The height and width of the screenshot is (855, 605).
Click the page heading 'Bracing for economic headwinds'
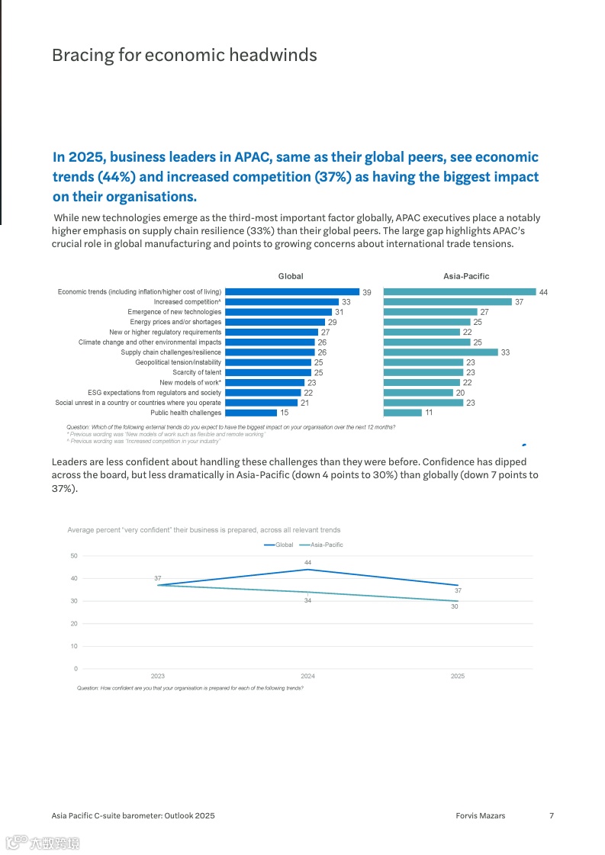[x=184, y=56]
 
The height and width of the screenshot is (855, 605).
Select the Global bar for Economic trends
[x=292, y=292]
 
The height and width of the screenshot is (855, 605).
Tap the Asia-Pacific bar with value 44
[x=459, y=292]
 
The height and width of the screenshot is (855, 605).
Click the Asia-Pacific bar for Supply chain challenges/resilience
[x=440, y=352]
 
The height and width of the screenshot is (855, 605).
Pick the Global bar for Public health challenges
[x=251, y=413]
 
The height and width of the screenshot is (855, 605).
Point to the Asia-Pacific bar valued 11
[x=402, y=413]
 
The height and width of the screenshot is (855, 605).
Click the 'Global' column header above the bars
[x=290, y=276]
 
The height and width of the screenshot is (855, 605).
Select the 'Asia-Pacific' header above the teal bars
[x=466, y=276]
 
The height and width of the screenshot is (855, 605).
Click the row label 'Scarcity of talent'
[x=197, y=372]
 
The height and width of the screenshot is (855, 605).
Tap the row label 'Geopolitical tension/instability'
[x=179, y=362]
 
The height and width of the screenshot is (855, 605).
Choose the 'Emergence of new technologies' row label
[x=175, y=312]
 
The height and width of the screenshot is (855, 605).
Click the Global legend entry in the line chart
[x=279, y=545]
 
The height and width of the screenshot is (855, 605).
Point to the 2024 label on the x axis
[x=307, y=677]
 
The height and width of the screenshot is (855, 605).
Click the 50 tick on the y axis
[x=74, y=555]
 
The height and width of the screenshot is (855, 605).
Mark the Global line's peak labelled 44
[x=307, y=569]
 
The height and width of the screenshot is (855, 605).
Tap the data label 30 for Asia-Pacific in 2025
[x=454, y=606]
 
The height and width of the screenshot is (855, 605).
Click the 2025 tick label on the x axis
[x=457, y=677]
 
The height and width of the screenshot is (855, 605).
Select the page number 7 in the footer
[x=552, y=815]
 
